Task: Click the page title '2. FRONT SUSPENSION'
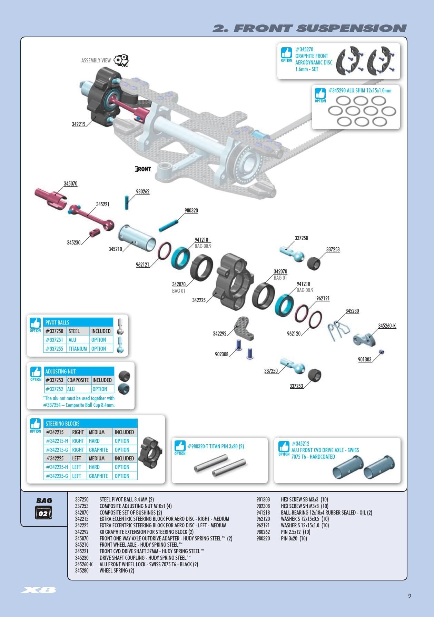tap(309, 28)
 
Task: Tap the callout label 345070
tap(71, 183)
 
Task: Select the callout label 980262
tap(142, 191)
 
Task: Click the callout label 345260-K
tap(387, 326)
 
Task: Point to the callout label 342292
tap(220, 334)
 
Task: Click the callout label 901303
tap(365, 359)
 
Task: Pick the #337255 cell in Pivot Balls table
tap(55, 349)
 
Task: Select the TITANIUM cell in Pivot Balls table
tap(78, 349)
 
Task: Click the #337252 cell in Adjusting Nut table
tap(55, 389)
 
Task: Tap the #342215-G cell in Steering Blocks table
tap(57, 450)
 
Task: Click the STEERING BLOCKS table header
tap(62, 424)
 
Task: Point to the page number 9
tap(410, 596)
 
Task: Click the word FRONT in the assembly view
tap(143, 169)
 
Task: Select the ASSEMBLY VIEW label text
tap(96, 60)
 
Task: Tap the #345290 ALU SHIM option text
tap(359, 91)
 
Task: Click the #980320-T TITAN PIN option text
tap(215, 446)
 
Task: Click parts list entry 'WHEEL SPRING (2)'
tap(117, 570)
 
